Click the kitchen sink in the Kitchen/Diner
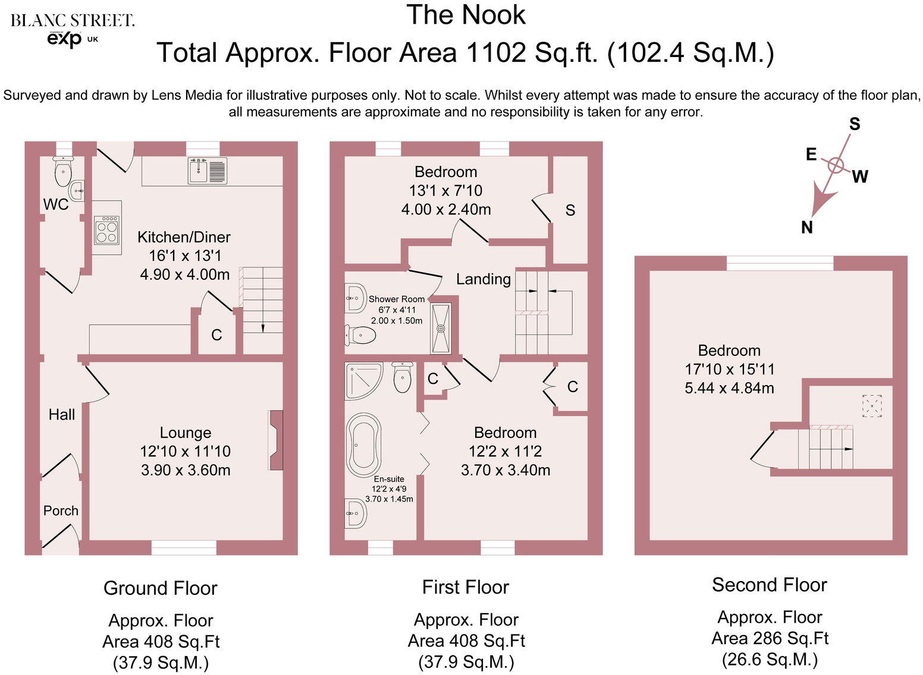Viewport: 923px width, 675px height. pos(207,171)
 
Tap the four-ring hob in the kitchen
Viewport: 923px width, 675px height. pos(107,231)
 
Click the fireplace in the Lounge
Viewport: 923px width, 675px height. pos(275,440)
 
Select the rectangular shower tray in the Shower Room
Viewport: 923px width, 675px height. pos(441,328)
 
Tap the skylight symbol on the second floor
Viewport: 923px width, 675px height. pos(871,406)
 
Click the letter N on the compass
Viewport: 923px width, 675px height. pos(806,227)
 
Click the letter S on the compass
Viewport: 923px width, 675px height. pos(855,124)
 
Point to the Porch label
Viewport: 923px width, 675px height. pos(61,510)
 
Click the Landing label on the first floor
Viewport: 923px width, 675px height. pos(483,279)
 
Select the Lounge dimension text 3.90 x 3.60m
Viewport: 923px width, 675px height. pos(186,470)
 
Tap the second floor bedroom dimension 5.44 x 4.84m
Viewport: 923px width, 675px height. pos(729,388)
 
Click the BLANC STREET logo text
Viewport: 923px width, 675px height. pos(73,21)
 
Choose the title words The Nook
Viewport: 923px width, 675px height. pos(466,15)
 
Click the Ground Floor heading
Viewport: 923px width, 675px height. pos(160,588)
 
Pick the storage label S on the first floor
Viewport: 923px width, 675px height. pos(570,210)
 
